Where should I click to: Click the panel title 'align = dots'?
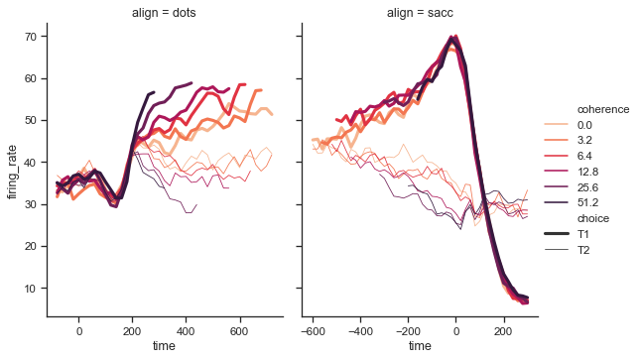point(165,13)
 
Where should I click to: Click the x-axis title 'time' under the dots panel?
point(165,347)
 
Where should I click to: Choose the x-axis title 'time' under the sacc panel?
point(421,347)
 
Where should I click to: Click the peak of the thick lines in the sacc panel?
point(454,39)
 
